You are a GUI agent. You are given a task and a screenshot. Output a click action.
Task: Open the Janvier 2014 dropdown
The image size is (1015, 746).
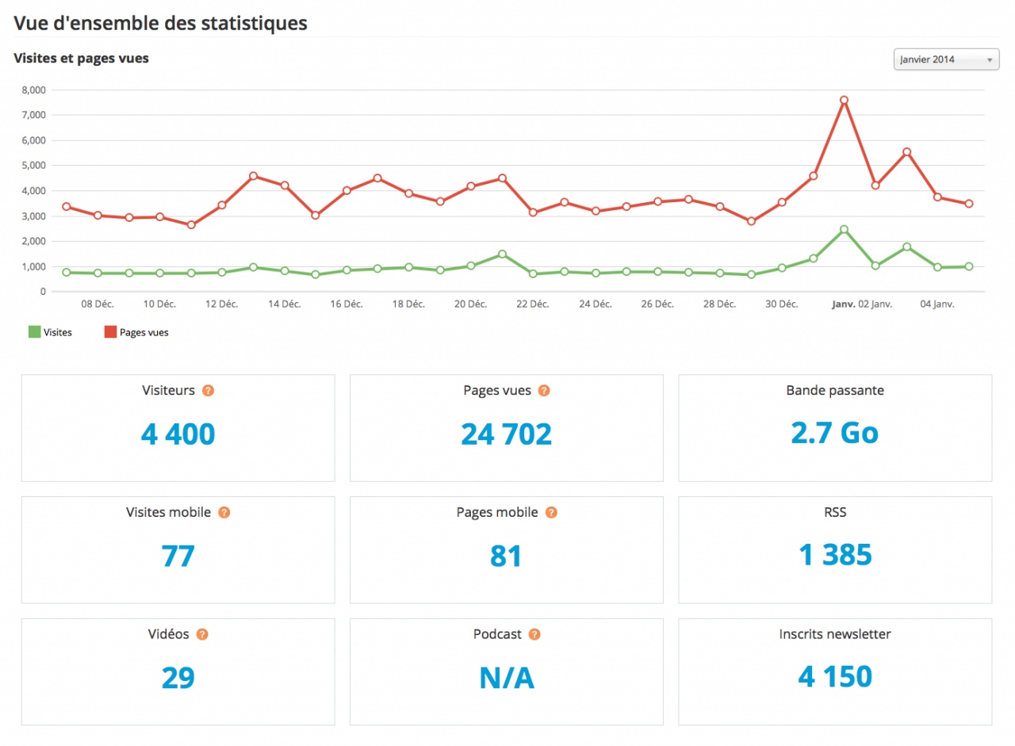pyautogui.click(x=946, y=59)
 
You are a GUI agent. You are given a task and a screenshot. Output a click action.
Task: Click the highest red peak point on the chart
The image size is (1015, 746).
pyautogui.click(x=844, y=100)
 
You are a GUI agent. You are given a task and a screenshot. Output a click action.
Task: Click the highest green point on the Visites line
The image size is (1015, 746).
pyautogui.click(x=844, y=229)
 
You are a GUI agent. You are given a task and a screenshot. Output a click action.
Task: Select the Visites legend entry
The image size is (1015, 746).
pyautogui.click(x=50, y=333)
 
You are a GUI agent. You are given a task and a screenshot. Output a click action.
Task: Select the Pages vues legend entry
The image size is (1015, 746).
pyautogui.click(x=136, y=333)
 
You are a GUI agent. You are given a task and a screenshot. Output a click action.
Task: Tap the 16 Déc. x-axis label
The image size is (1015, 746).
pyautogui.click(x=347, y=304)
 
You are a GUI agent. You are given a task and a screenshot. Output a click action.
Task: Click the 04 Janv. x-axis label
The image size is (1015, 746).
pyautogui.click(x=936, y=304)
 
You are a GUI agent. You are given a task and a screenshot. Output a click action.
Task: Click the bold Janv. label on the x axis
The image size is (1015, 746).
pyautogui.click(x=843, y=304)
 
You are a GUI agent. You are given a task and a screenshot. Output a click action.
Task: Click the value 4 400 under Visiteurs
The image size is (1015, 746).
pyautogui.click(x=178, y=434)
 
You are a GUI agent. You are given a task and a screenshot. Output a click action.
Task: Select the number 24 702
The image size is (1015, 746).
pyautogui.click(x=506, y=434)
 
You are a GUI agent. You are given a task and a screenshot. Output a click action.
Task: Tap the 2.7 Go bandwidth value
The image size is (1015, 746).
pyautogui.click(x=834, y=432)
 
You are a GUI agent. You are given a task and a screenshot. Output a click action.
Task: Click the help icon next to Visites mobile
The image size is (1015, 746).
pyautogui.click(x=224, y=513)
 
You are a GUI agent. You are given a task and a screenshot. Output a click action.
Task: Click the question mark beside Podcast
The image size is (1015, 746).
pyautogui.click(x=534, y=634)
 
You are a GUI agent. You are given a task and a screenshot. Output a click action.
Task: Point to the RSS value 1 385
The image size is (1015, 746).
pyautogui.click(x=835, y=555)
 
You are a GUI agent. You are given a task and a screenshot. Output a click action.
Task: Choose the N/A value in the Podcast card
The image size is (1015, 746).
pyautogui.click(x=506, y=678)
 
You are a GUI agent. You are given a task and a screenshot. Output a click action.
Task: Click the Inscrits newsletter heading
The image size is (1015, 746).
pyautogui.click(x=835, y=634)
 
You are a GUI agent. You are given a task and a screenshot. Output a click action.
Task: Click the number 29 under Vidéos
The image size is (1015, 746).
pyautogui.click(x=178, y=678)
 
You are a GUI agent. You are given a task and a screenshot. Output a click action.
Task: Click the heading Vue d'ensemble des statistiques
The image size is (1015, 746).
pyautogui.click(x=160, y=23)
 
